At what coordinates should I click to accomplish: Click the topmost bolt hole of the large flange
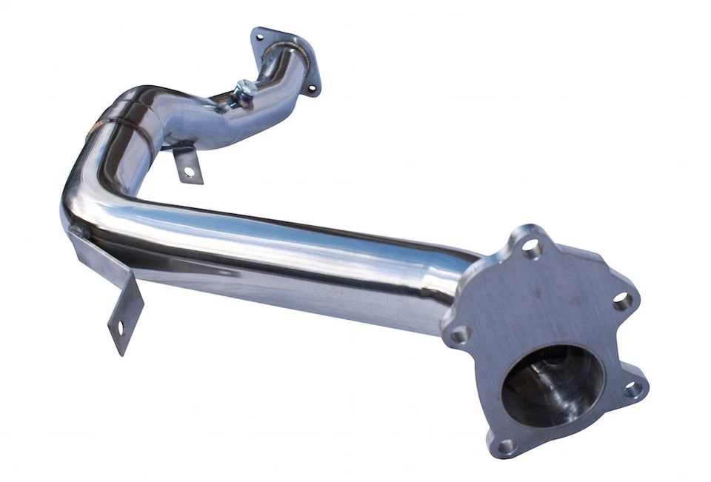tap(532, 247)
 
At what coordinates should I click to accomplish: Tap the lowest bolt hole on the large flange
tap(506, 446)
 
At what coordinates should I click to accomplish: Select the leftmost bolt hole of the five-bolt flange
tap(459, 335)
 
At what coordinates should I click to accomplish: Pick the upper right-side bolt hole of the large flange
tap(623, 300)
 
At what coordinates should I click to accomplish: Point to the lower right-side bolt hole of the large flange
tap(632, 389)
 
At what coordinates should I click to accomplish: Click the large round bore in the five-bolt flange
tap(552, 385)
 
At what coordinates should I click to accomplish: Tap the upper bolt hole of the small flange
tap(261, 36)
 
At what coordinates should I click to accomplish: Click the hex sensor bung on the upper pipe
tap(245, 90)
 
